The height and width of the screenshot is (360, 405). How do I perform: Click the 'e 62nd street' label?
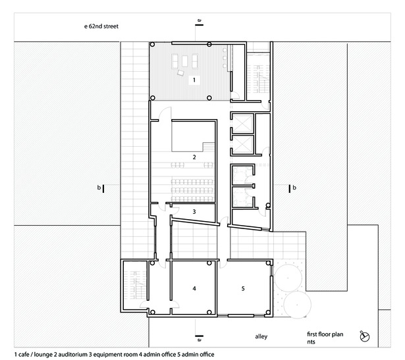click(101, 26)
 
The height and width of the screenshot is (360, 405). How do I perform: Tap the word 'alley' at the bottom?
click(261, 336)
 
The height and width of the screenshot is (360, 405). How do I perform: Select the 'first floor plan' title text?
click(325, 334)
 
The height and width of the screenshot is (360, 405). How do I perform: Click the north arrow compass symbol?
click(364, 336)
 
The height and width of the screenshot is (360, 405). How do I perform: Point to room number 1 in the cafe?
click(194, 80)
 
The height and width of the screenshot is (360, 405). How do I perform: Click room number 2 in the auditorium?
click(194, 157)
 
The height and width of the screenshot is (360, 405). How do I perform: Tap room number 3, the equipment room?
click(194, 212)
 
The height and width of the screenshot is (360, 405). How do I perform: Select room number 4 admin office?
click(194, 288)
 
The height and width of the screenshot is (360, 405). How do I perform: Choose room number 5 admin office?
click(243, 288)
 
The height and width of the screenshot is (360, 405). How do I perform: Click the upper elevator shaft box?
click(242, 123)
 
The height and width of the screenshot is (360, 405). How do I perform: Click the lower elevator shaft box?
click(242, 144)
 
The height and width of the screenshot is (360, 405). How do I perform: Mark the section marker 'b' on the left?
click(101, 188)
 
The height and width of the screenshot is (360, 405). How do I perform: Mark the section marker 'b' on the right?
click(292, 188)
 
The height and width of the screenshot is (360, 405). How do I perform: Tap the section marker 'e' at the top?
click(199, 22)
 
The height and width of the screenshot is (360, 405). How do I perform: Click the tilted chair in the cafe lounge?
click(180, 73)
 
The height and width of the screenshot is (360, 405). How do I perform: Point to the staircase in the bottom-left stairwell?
click(135, 285)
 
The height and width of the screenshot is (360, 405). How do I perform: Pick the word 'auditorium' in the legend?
click(72, 354)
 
